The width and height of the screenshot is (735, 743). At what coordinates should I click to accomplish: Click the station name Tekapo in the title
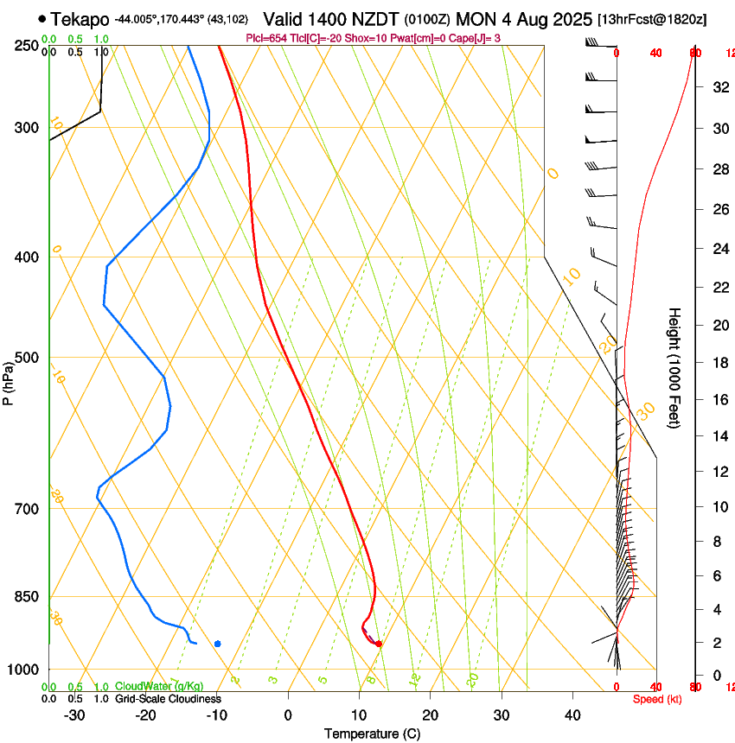click(80, 19)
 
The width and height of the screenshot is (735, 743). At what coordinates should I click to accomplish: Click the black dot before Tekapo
click(42, 18)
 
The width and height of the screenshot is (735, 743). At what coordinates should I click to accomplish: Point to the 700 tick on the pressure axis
click(28, 509)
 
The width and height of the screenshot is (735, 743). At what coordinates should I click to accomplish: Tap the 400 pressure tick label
click(28, 257)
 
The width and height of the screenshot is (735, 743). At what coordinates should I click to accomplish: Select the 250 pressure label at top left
click(28, 45)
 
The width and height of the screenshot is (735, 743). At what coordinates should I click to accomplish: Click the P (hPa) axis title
click(9, 378)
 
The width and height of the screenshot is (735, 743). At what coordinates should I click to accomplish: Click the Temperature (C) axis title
click(372, 733)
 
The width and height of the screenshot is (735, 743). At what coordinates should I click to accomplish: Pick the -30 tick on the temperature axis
click(74, 714)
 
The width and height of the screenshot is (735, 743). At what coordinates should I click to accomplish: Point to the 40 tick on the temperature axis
click(572, 714)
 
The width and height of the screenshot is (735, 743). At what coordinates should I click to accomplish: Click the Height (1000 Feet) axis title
click(674, 367)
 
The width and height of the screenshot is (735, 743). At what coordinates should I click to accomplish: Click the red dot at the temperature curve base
click(379, 644)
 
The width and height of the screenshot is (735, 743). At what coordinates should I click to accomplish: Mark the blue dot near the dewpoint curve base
click(217, 644)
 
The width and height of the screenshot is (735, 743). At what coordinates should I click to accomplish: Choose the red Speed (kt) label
click(657, 699)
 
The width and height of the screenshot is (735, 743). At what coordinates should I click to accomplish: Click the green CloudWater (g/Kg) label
click(159, 686)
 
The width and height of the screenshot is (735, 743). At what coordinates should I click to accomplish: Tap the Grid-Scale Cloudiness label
click(168, 698)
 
